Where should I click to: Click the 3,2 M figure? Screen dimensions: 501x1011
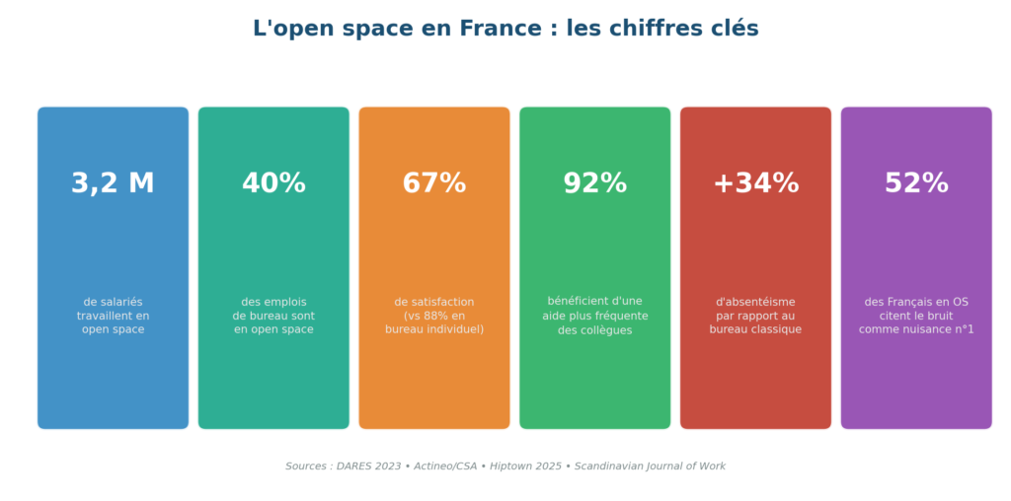click(x=113, y=183)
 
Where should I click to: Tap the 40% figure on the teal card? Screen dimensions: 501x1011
click(x=273, y=183)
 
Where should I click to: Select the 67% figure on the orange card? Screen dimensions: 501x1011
click(x=434, y=183)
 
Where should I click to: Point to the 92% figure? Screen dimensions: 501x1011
click(x=594, y=183)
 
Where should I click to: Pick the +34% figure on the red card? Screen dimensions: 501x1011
click(x=755, y=183)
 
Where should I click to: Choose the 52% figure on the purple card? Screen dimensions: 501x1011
click(x=916, y=183)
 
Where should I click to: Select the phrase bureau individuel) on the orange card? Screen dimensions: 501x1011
click(x=434, y=329)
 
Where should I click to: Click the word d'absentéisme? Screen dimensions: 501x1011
click(x=755, y=302)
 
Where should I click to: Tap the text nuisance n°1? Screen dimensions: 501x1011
click(x=937, y=329)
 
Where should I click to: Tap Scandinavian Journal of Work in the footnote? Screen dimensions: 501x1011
click(x=650, y=466)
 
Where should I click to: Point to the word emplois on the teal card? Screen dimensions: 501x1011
click(x=285, y=302)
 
